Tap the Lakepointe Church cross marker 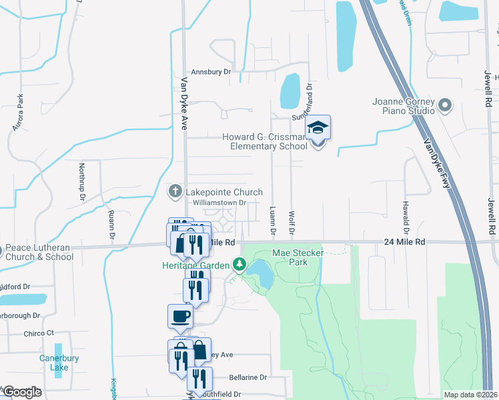pyautogui.click(x=175, y=192)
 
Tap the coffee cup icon pyautogui.click(x=181, y=315)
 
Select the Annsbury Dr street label pyautogui.click(x=210, y=71)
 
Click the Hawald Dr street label pyautogui.click(x=404, y=212)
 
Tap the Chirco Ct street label pyautogui.click(x=38, y=333)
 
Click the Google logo pyautogui.click(x=21, y=392)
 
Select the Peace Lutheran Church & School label pyautogui.click(x=39, y=253)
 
